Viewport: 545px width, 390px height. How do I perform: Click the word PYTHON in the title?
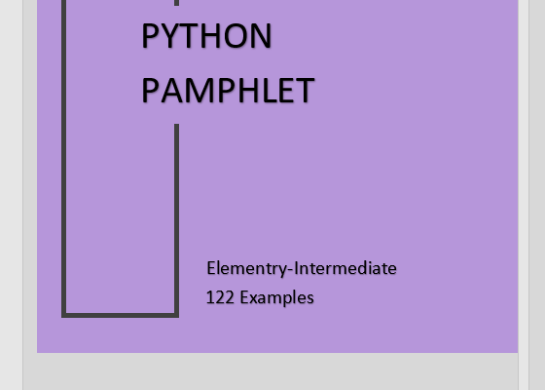(x=206, y=36)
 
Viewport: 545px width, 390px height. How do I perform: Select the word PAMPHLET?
(x=228, y=91)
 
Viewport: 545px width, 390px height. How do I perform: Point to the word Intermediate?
(x=345, y=268)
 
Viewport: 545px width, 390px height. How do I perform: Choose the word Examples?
(x=277, y=298)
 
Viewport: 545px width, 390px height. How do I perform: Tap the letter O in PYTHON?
(x=236, y=36)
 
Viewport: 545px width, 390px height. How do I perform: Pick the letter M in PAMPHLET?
(x=202, y=91)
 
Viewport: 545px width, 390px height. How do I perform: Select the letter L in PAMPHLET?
(x=271, y=91)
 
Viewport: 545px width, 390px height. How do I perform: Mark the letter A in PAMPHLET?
(x=172, y=91)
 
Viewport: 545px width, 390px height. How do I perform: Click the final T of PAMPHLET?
(x=305, y=91)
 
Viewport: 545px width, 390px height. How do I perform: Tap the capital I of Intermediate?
(x=296, y=268)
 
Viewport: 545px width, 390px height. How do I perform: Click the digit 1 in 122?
(x=209, y=297)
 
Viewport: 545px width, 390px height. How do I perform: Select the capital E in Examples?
(x=244, y=297)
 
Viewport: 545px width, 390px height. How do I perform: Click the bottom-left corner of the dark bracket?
(x=63, y=316)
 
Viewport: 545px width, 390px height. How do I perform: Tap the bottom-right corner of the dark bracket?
(x=176, y=316)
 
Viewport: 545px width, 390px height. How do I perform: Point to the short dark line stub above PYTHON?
(x=176, y=3)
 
